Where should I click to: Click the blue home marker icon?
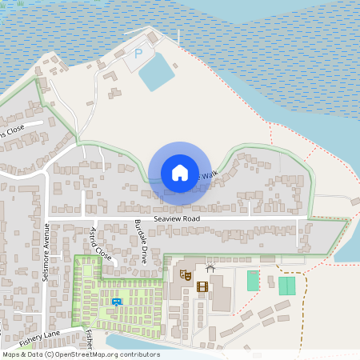point(180,173)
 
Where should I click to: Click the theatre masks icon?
point(186,274)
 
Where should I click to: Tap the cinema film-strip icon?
point(202,286)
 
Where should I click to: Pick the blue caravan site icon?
point(117,302)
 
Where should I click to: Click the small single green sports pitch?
point(253,280)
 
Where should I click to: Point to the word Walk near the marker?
point(209,175)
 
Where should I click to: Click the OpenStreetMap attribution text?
point(80,354)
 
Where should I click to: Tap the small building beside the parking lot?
point(150,42)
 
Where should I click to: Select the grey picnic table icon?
point(210,268)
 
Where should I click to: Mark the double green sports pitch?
point(286,285)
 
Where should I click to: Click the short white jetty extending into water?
point(180,36)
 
